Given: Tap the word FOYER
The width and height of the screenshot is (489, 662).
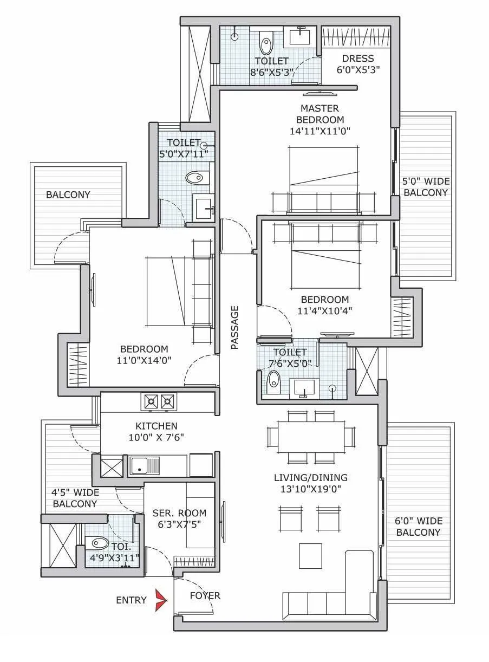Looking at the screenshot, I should pyautogui.click(x=205, y=596).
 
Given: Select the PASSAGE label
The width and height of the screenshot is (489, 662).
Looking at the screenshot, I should pyautogui.click(x=235, y=327).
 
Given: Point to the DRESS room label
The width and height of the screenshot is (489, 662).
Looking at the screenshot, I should pyautogui.click(x=357, y=59).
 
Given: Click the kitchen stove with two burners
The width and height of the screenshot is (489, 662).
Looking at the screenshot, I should pyautogui.click(x=159, y=401).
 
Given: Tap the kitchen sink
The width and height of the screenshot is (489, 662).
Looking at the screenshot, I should pyautogui.click(x=145, y=465).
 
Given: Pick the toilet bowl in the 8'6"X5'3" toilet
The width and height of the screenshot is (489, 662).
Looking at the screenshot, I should pyautogui.click(x=265, y=41).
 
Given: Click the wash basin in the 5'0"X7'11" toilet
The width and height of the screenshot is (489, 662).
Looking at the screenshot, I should pyautogui.click(x=204, y=208).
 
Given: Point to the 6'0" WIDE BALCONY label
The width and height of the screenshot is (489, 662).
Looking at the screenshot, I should pyautogui.click(x=418, y=527).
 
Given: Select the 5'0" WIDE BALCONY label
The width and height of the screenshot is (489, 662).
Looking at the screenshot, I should pyautogui.click(x=426, y=187).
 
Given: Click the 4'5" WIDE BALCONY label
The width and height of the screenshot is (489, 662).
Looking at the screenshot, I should pyautogui.click(x=75, y=498).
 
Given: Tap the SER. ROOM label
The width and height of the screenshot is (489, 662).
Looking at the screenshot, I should pyautogui.click(x=179, y=513).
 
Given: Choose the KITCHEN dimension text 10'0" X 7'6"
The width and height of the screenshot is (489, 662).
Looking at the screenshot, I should pyautogui.click(x=157, y=438).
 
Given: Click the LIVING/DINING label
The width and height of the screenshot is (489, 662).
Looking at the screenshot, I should pyautogui.click(x=311, y=477).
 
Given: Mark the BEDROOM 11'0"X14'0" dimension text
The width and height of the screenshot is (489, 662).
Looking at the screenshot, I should pyautogui.click(x=144, y=361).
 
